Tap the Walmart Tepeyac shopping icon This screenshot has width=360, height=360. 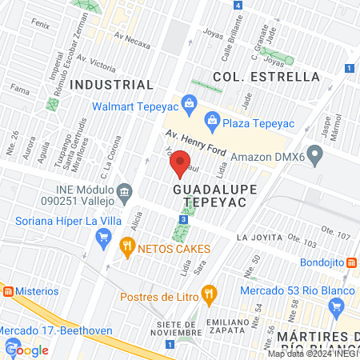coord(189,102)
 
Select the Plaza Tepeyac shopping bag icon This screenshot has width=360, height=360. coord(212,121)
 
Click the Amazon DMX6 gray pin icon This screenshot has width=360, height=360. coord(315,154)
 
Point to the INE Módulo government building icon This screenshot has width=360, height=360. coord(124,192)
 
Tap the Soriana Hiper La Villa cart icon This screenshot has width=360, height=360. coord(102,237)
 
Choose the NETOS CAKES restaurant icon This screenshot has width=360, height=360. coord(126,246)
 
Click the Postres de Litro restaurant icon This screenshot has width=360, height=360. coord(209,293)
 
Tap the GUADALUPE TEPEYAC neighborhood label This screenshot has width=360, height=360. coord(208,196)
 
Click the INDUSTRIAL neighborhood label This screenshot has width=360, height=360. coord(111,85)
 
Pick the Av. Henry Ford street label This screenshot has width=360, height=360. coord(197,143)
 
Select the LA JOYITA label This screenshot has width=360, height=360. coord(259,238)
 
